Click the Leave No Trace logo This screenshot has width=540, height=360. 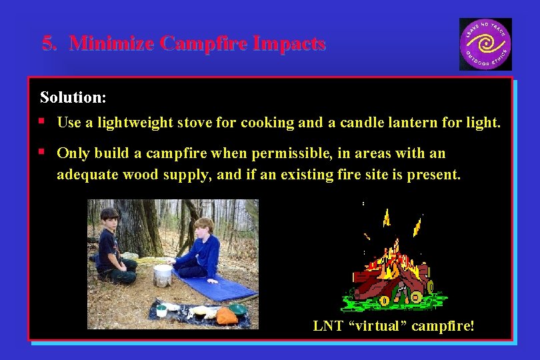(x=485, y=44)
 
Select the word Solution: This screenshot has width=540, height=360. (x=73, y=97)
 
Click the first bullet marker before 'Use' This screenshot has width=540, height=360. (x=41, y=122)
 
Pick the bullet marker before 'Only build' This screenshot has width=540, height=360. (x=41, y=153)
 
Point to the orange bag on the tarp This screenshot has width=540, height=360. (x=227, y=315)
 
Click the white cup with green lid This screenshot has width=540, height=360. (x=161, y=310)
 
